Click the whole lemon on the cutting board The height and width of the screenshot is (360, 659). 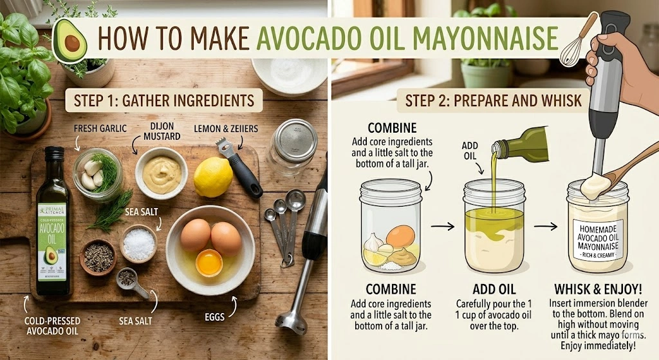(x=213, y=177)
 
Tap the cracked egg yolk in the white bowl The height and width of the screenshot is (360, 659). (x=209, y=262)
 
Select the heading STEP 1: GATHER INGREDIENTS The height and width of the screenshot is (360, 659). (x=164, y=100)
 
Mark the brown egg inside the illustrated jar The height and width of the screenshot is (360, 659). (x=400, y=236)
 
